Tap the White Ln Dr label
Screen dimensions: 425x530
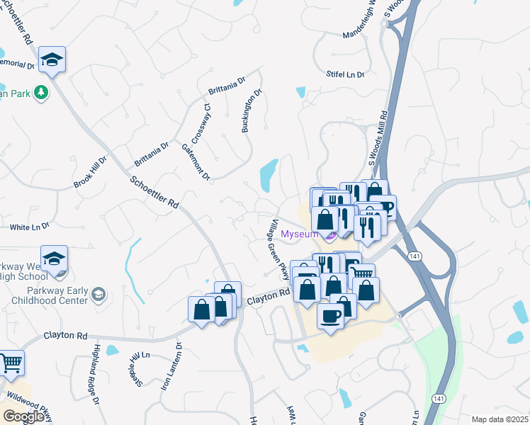click(29, 227)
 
